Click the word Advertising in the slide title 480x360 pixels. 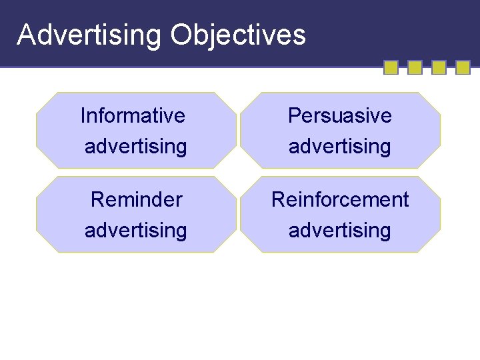89,35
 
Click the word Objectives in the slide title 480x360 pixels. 237,35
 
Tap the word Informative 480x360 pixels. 133,115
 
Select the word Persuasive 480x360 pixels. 339,115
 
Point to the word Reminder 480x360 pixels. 136,199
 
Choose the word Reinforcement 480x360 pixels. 339,199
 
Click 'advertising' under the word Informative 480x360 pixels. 135,146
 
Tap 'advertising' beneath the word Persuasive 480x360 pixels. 339,146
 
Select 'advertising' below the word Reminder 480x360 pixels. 135,230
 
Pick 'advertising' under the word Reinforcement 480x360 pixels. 339,230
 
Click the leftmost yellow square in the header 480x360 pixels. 391,67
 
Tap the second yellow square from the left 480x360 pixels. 415,67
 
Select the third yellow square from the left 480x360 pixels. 439,67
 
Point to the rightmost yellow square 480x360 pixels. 463,67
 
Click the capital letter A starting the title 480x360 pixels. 25,35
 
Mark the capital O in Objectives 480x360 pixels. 181,35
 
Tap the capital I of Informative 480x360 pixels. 83,115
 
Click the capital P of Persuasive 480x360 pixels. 294,115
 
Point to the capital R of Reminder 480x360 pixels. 97,199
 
